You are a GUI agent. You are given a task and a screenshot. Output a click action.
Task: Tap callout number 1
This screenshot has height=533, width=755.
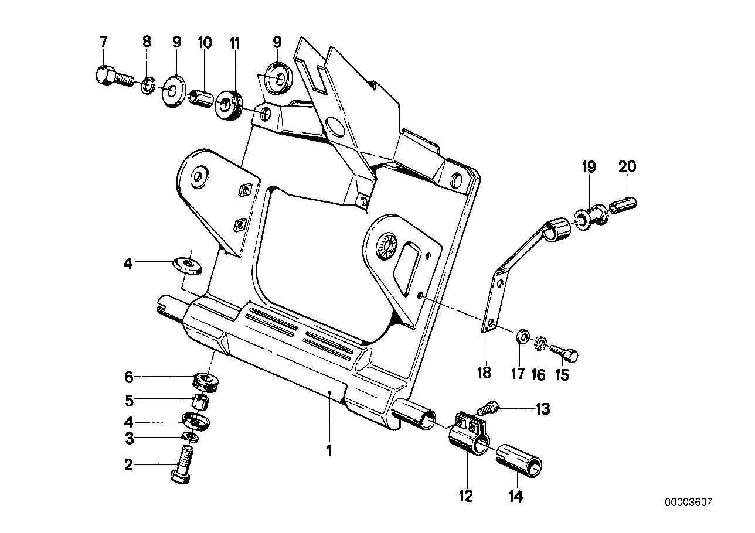329,451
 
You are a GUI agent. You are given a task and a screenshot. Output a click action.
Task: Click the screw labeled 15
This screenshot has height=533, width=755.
565,352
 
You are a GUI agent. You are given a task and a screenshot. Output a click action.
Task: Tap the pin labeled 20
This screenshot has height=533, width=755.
623,207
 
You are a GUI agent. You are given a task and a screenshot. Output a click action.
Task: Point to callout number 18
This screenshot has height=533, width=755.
484,373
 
